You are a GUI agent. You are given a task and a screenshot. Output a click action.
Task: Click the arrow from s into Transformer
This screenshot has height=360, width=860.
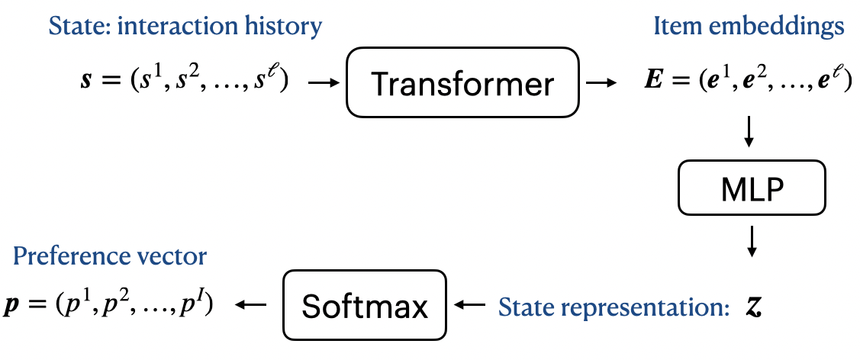click(323, 82)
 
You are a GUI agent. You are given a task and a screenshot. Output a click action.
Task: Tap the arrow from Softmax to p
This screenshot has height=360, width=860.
click(250, 306)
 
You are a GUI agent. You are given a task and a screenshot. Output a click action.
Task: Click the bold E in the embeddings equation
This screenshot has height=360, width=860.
click(653, 81)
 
